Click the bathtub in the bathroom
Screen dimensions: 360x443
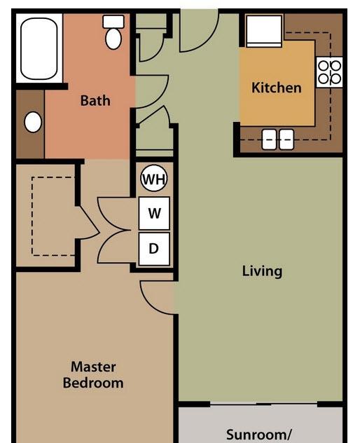point(39,48)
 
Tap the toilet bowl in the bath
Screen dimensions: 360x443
point(113,39)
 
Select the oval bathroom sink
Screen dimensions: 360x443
point(33,122)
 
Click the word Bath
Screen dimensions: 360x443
point(95,100)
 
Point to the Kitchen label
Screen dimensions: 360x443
point(277,88)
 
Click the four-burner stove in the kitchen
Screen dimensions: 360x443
point(329,72)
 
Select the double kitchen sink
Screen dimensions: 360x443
point(278,139)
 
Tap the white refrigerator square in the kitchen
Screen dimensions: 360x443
point(264,31)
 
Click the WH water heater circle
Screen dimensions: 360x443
point(154,178)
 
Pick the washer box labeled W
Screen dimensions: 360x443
point(154,213)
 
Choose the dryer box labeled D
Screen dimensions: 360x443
point(154,249)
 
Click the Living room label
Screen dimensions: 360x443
point(262,271)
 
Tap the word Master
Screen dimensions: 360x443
point(93,367)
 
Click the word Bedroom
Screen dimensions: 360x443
point(93,383)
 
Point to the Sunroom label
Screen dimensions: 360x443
point(258,435)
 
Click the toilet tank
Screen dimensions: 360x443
point(113,22)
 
